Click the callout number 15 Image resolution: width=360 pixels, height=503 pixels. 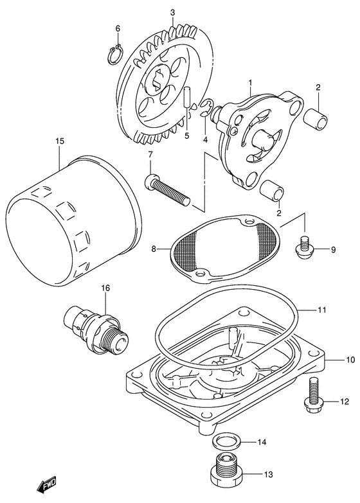59,141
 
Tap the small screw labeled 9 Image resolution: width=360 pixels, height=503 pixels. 304,249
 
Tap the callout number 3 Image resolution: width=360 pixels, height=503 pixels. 172,12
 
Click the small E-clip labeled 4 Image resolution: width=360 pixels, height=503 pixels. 206,108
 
